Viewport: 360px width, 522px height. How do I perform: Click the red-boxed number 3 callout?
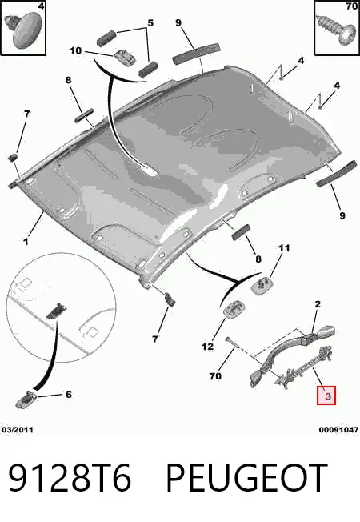tap(326, 396)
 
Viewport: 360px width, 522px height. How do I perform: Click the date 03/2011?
tap(18, 430)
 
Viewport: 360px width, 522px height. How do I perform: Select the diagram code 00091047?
tap(338, 430)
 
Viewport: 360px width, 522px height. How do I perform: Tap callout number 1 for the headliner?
tap(26, 241)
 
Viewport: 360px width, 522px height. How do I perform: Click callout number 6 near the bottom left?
tap(69, 395)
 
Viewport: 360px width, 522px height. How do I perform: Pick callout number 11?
tap(284, 248)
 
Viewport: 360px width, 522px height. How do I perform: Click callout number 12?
tap(207, 347)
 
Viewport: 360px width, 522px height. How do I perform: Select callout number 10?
tap(75, 50)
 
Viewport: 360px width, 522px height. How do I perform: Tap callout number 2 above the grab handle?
tap(318, 304)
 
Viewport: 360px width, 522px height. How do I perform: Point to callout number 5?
tap(150, 23)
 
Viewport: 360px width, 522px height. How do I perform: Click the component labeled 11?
tap(263, 285)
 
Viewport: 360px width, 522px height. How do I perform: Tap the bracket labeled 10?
tap(125, 58)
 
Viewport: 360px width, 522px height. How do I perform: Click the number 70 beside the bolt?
tap(215, 376)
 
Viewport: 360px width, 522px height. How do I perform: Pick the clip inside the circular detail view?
tap(55, 311)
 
